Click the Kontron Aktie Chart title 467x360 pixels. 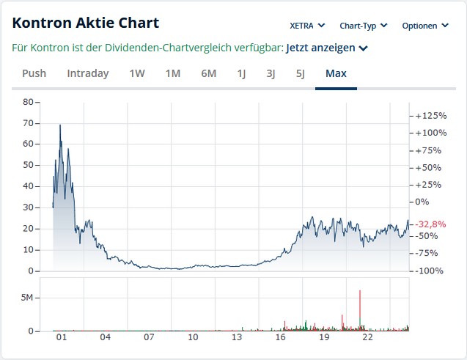86,23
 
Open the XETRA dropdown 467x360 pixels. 307,26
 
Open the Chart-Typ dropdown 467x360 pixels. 364,26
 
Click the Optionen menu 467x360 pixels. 424,26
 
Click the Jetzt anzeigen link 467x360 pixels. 326,48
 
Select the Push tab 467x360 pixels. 34,73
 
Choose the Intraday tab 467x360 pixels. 87,73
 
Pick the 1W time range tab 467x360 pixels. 137,73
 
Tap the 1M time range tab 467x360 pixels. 172,73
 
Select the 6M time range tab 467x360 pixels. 208,73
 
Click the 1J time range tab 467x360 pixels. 241,73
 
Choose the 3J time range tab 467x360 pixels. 271,73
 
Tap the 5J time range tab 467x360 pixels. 300,73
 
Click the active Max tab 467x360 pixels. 336,73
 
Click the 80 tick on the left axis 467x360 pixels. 28,102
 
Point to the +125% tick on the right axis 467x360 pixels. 430,116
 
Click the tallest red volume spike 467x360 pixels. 360,308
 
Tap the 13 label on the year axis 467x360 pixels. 237,338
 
